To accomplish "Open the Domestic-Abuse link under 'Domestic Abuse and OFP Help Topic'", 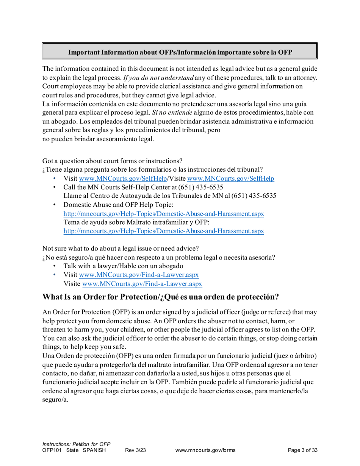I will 164,214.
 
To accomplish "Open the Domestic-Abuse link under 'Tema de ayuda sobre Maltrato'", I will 164,231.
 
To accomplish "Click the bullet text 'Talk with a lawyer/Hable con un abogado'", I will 124,266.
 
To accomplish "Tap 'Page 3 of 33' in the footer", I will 302,450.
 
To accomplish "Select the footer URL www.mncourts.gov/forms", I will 206,450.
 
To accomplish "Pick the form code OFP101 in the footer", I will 52,450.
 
